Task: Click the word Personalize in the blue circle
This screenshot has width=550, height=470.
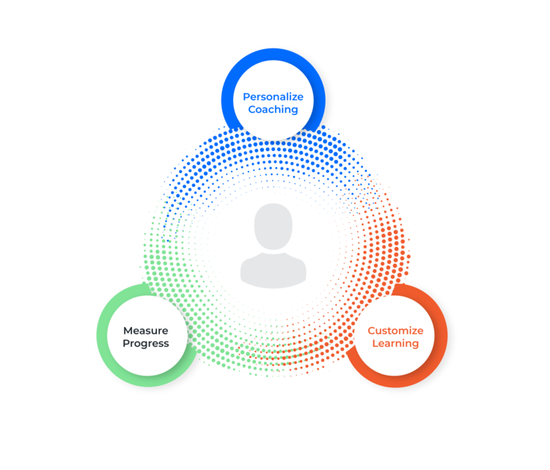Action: (x=273, y=97)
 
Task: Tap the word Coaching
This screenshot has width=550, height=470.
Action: (x=273, y=110)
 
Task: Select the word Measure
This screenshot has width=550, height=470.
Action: (x=145, y=331)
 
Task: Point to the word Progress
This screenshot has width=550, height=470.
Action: (x=145, y=344)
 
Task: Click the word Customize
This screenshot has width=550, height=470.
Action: (x=395, y=331)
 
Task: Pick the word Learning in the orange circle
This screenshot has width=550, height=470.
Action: (x=395, y=344)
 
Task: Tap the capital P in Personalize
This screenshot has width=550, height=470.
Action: (x=246, y=97)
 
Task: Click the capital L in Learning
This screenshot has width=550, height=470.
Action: (x=375, y=344)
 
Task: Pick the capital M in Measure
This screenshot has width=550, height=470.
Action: (x=128, y=331)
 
